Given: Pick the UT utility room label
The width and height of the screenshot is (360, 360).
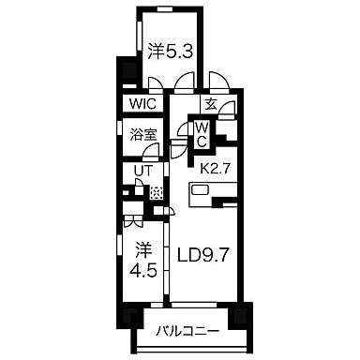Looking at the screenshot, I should point(141,172).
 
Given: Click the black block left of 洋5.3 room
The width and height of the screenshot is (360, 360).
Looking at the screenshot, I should point(120,71).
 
